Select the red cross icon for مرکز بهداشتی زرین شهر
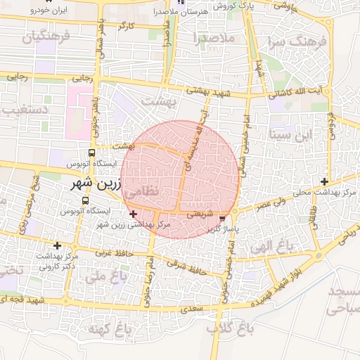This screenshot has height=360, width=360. pyautogui.click(x=134, y=213)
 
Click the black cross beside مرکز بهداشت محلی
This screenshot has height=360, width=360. pyautogui.click(x=324, y=181)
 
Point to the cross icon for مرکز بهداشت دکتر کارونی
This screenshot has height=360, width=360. pyautogui.click(x=57, y=245)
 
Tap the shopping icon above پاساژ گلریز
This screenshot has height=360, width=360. pyautogui.click(x=223, y=219)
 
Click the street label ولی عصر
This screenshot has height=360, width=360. pyautogui.click(x=254, y=203)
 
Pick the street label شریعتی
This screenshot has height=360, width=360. pyautogui.click(x=196, y=217)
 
